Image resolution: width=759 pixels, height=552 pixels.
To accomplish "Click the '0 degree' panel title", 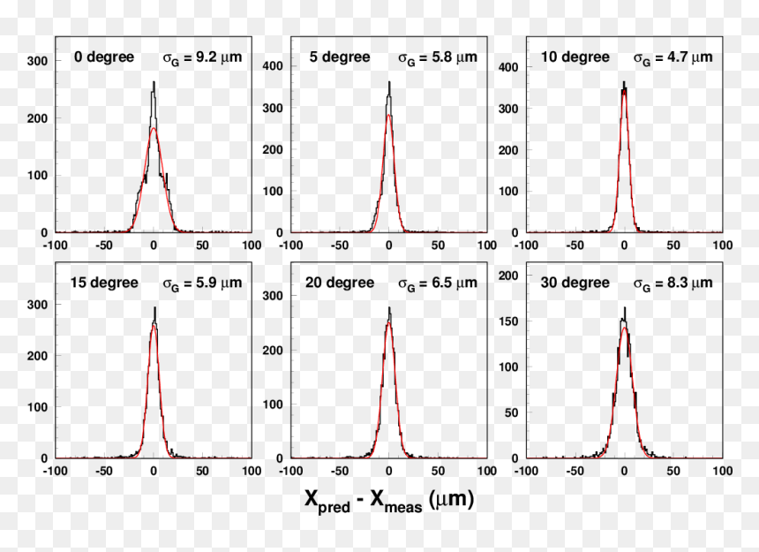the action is pos(104,57).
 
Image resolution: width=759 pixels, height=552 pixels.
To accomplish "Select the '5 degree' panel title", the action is pos(340,57).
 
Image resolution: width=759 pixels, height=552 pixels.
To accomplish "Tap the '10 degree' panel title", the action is pos(575,57).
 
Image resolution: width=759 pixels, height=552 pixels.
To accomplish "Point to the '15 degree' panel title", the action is pos(104,283).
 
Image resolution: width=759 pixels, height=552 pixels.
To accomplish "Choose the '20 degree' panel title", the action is pos(340,283).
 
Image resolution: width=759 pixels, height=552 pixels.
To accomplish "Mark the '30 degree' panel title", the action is pos(575,283).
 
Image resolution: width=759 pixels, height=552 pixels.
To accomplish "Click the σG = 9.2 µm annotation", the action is pos(202,58).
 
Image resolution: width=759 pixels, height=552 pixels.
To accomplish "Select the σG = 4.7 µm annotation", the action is pos(673,58).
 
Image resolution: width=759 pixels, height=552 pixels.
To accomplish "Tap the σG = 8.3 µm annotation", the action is pos(673,284).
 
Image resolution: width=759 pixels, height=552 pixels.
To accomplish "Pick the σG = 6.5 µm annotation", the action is pos(438,284).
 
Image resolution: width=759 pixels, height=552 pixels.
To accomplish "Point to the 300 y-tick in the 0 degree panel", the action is pos(37,61).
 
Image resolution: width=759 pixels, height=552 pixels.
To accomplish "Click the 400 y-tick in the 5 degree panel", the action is pos(273,66).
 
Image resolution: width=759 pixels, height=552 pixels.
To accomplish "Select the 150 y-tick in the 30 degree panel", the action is pos(508,321).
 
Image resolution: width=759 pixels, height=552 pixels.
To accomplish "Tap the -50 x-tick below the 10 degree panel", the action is pos(575,245).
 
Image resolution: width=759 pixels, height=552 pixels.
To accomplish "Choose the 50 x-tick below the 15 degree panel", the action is pos(202,471).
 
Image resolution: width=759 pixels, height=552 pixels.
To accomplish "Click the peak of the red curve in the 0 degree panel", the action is pos(154,128).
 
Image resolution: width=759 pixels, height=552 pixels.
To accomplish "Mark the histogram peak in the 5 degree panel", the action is pos(389,82).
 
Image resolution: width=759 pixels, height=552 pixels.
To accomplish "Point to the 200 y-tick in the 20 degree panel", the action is pos(273,350).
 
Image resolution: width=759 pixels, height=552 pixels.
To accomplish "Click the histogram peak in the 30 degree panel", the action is pos(625,307).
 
